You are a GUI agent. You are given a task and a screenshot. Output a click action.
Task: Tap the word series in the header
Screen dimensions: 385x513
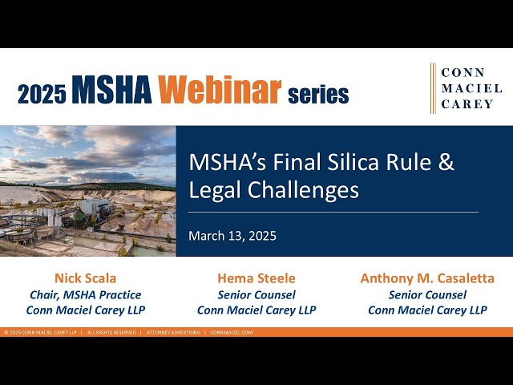pos(317,94)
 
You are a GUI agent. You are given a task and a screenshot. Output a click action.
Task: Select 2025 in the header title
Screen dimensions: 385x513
pos(41,93)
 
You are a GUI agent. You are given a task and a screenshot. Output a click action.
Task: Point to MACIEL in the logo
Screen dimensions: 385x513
pos(468,88)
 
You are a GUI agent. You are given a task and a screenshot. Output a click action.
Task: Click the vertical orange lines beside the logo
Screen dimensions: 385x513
pos(433,88)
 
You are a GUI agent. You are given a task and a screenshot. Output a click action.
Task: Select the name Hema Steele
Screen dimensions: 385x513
pos(256,278)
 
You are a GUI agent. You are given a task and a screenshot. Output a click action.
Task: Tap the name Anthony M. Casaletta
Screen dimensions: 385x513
pos(427,278)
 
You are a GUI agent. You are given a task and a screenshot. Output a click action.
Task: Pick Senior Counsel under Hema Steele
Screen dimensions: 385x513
pos(256,294)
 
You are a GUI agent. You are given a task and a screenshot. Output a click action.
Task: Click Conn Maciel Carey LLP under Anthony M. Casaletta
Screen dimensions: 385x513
pos(427,310)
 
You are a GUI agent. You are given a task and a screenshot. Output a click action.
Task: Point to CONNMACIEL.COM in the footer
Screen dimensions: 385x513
pos(232,332)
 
